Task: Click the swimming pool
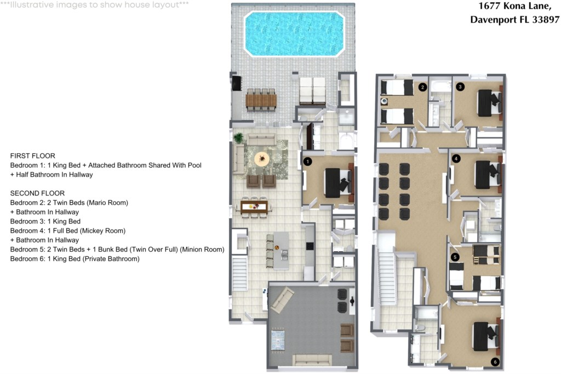tap(294, 33)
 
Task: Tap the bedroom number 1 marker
tap(307, 162)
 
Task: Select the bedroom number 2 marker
tap(422, 87)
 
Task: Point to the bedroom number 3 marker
tap(460, 87)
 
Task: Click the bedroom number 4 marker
tap(456, 158)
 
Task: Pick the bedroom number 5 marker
tap(455, 257)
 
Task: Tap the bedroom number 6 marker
tap(495, 362)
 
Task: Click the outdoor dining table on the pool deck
tap(261, 100)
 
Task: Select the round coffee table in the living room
tap(262, 159)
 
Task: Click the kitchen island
tap(281, 251)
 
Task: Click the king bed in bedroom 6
tap(485, 335)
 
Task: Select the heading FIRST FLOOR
tap(32, 156)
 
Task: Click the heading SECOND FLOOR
tap(37, 193)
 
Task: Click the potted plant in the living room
tap(238, 137)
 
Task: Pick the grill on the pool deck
tap(237, 83)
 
